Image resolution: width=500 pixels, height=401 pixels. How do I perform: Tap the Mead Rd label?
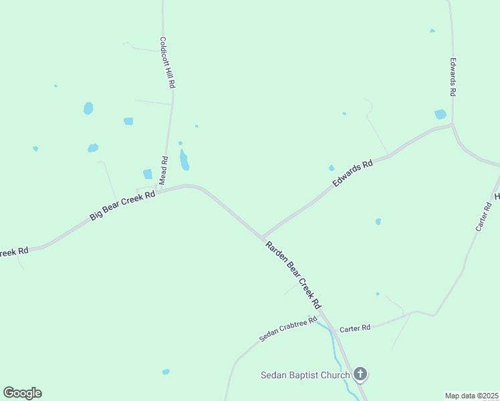pyautogui.click(x=163, y=170)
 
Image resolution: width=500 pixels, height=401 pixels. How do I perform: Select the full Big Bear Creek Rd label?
pyautogui.click(x=122, y=206)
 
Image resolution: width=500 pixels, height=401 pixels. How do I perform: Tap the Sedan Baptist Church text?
pyautogui.click(x=305, y=375)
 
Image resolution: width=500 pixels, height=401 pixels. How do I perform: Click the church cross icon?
pyautogui.click(x=360, y=374)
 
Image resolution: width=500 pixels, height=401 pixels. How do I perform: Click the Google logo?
pyautogui.click(x=22, y=393)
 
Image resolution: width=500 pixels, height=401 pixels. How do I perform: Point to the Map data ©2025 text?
pyautogui.click(x=471, y=396)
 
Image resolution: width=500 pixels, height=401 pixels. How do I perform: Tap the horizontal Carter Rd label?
pyautogui.click(x=355, y=328)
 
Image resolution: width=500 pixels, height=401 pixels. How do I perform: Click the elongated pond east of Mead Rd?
pyautogui.click(x=184, y=160)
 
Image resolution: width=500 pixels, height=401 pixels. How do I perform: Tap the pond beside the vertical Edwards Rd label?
pyautogui.click(x=440, y=114)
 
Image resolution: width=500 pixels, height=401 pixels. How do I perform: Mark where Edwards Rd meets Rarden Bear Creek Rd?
pyautogui.click(x=262, y=237)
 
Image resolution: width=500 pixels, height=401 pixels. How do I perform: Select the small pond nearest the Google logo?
pyautogui.click(x=166, y=372)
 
